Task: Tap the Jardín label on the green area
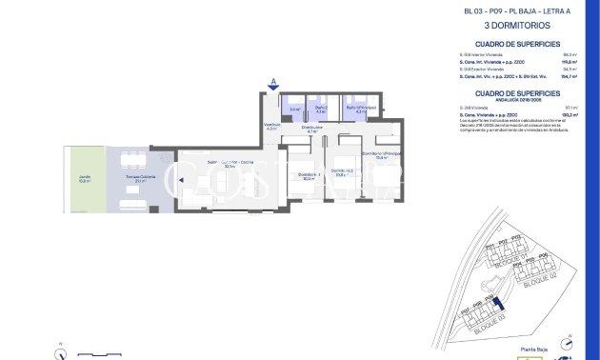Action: [84, 179]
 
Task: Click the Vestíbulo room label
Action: [271, 127]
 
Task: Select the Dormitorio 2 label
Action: [341, 173]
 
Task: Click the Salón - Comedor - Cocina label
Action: [230, 164]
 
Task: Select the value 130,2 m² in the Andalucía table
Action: [570, 115]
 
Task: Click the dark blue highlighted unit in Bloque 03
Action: [494, 306]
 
